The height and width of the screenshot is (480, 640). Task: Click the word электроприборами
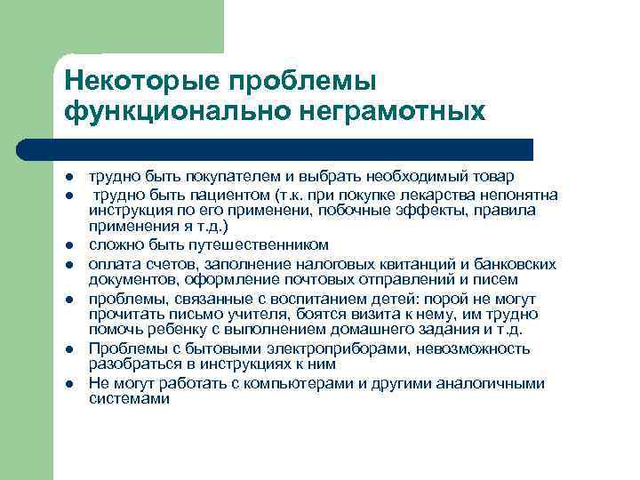click(316, 348)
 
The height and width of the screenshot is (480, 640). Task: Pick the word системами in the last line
click(129, 399)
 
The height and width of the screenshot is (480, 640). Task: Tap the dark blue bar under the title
click(293, 148)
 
